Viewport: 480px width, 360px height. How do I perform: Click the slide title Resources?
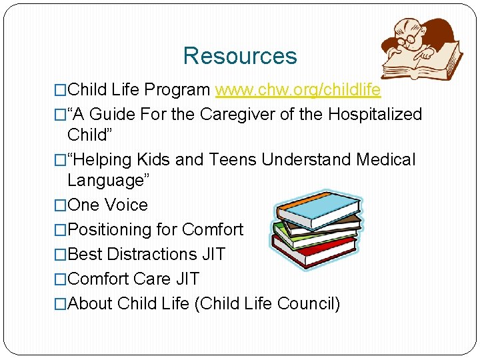click(x=240, y=56)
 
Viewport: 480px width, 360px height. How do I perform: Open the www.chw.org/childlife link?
click(x=298, y=90)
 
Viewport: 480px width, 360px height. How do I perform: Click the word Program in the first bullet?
click(x=177, y=90)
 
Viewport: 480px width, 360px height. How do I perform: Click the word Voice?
click(x=127, y=205)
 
